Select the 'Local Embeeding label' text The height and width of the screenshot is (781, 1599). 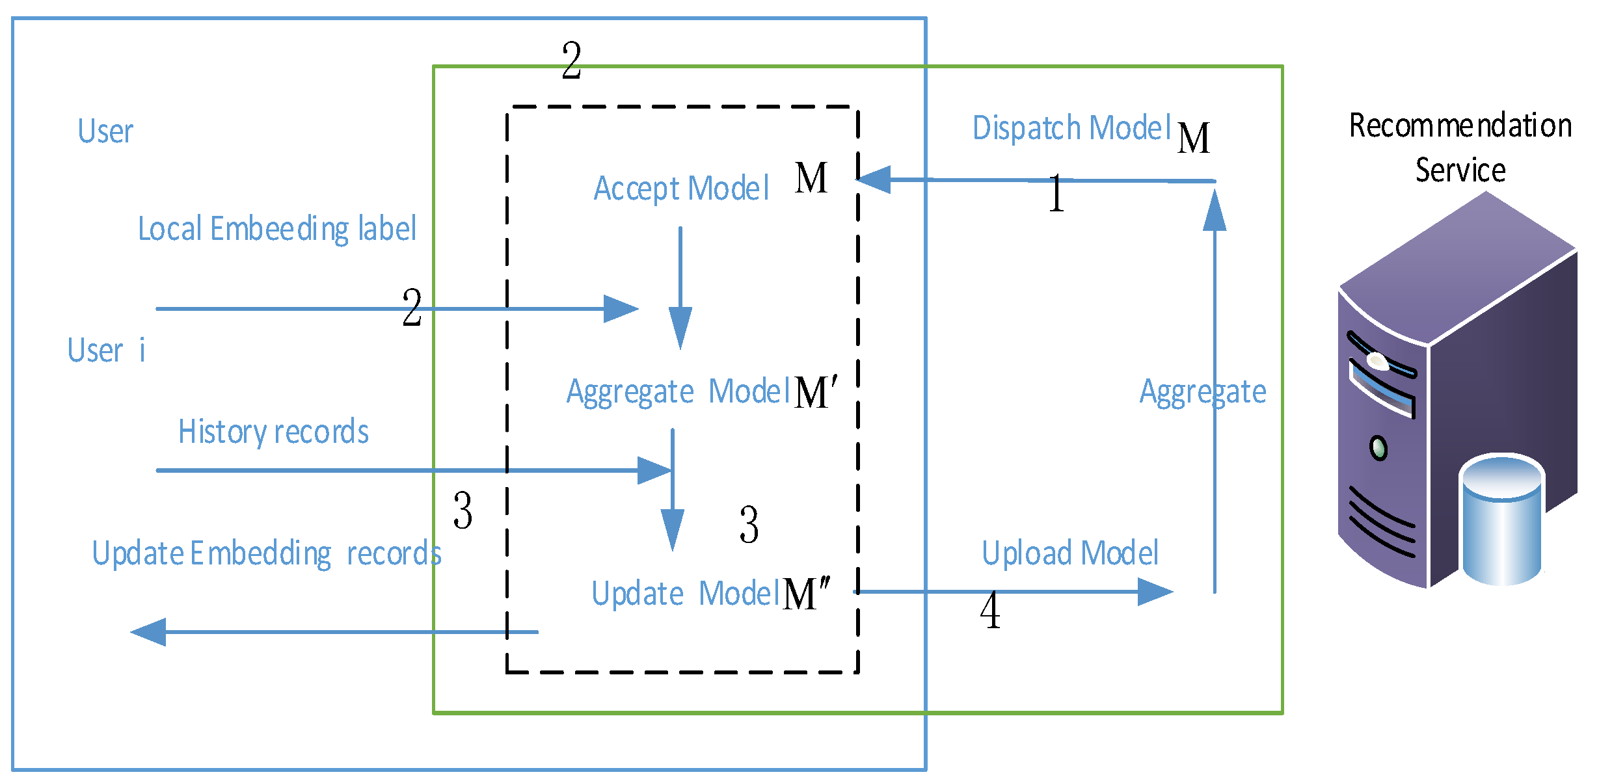click(277, 230)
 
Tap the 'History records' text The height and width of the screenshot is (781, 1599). click(273, 432)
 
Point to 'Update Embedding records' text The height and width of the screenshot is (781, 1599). click(267, 554)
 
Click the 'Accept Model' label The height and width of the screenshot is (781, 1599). click(681, 189)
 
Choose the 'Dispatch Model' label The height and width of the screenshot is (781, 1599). click(1071, 128)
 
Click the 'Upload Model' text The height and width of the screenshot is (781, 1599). click(1070, 553)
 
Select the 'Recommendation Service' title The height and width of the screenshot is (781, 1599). click(1460, 148)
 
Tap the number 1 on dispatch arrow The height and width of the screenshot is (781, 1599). click(1056, 194)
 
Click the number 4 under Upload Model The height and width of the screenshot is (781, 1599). click(990, 611)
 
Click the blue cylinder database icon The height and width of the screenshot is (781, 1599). click(1502, 520)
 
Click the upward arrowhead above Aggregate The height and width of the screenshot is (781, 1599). click(1215, 211)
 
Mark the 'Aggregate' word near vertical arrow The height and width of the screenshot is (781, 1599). click(1203, 392)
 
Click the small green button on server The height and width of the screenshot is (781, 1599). click(1378, 447)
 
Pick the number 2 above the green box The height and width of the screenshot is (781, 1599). click(571, 60)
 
